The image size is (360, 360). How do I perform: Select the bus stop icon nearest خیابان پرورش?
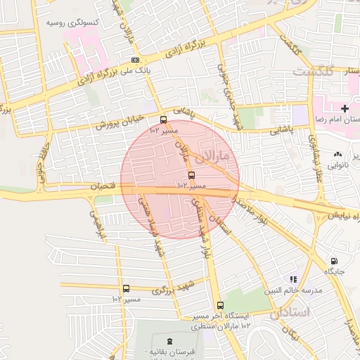click(x=164, y=120)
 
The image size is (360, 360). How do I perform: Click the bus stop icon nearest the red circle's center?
click(x=191, y=175)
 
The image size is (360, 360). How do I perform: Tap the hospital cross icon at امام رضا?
click(x=344, y=108)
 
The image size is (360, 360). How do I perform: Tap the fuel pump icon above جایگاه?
click(x=333, y=260)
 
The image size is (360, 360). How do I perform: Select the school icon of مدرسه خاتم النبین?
click(x=292, y=279)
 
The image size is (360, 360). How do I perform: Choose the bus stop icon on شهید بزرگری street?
click(x=126, y=288)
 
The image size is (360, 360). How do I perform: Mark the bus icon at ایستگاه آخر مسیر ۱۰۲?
click(x=221, y=306)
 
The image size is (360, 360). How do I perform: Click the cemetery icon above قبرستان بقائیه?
click(x=167, y=339)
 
